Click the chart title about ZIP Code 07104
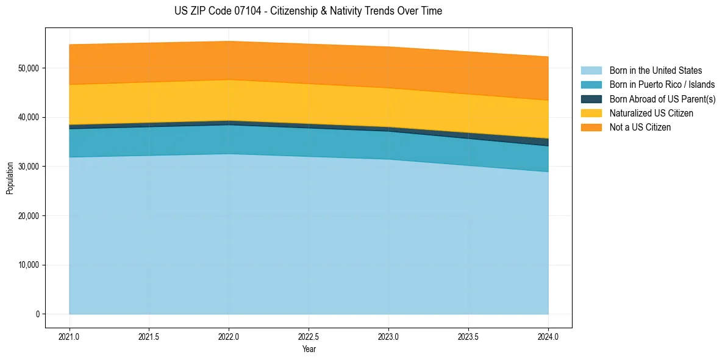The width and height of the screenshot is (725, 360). point(308,11)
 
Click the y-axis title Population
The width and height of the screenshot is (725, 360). point(10,178)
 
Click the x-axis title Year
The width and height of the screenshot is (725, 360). point(309,349)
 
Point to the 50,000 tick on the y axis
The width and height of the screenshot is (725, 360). point(27,68)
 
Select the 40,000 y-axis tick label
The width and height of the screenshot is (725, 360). point(27,117)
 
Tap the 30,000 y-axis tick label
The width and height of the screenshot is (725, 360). point(27,167)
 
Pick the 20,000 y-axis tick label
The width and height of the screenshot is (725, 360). point(27,216)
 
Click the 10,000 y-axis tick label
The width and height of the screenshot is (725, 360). point(27,265)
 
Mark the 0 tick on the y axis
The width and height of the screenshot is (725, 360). point(37,314)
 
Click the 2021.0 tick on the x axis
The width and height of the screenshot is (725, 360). point(70,336)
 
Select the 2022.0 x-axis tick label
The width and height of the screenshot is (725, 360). point(229,336)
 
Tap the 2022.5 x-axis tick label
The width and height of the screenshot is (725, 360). point(309,336)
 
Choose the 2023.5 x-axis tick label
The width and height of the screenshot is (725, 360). point(468,336)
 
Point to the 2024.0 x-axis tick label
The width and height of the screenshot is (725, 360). point(548,336)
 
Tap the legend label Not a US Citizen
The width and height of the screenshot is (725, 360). point(640,128)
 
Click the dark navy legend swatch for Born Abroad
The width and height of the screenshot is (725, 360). point(591,99)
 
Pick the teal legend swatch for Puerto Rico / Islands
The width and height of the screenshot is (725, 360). point(591,85)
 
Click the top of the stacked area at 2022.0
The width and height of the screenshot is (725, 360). point(229,41)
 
